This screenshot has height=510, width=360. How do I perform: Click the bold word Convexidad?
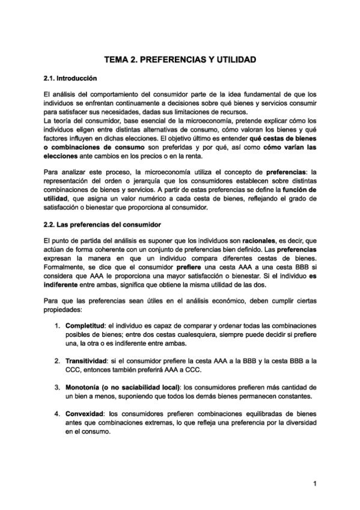pos(84,414)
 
